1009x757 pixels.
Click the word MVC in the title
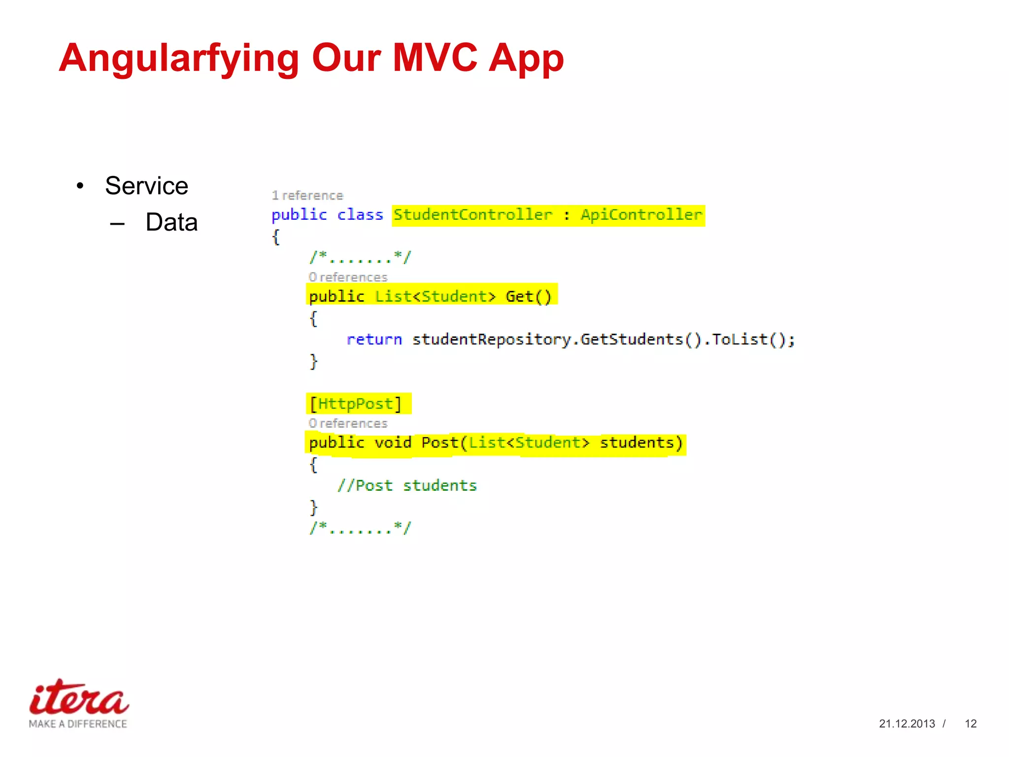point(434,58)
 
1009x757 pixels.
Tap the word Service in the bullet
point(146,186)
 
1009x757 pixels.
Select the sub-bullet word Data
point(171,222)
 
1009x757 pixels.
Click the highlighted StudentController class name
point(472,215)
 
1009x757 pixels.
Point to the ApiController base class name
point(641,215)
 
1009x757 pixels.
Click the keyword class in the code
point(360,215)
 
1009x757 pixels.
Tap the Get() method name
point(528,297)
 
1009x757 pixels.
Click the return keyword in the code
point(374,340)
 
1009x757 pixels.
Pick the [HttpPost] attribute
point(356,404)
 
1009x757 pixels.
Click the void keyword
point(392,443)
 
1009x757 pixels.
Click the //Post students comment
point(407,486)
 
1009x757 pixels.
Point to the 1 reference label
point(307,196)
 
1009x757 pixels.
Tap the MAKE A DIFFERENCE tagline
point(78,724)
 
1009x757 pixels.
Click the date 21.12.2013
point(907,723)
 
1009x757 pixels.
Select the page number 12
point(970,723)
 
